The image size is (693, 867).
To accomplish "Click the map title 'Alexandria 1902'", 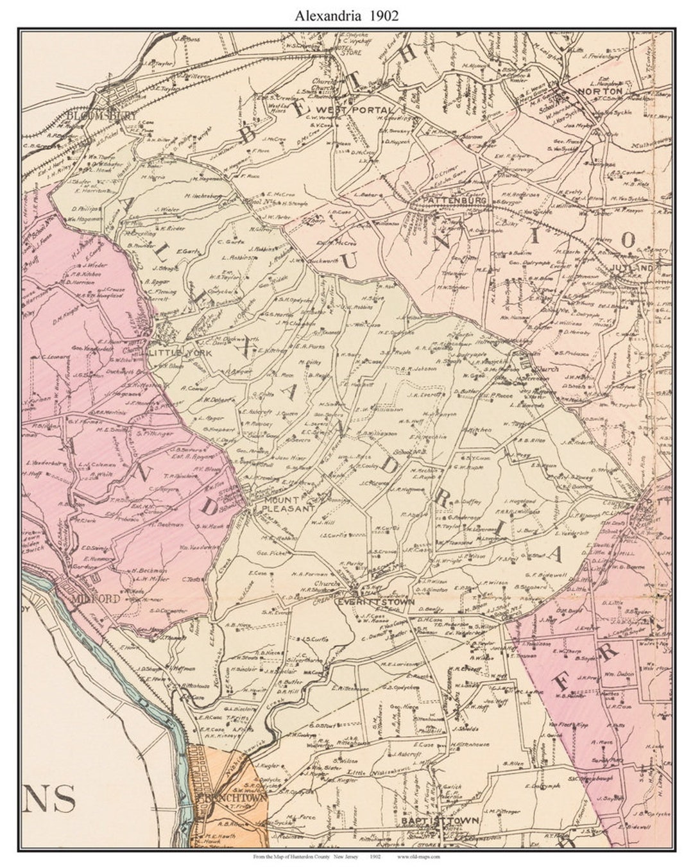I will pos(346,16).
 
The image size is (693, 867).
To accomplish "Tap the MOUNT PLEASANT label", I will pos(287,503).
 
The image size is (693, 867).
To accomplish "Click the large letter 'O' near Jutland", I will pos(628,239).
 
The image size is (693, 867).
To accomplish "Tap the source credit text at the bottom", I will pos(346,857).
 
